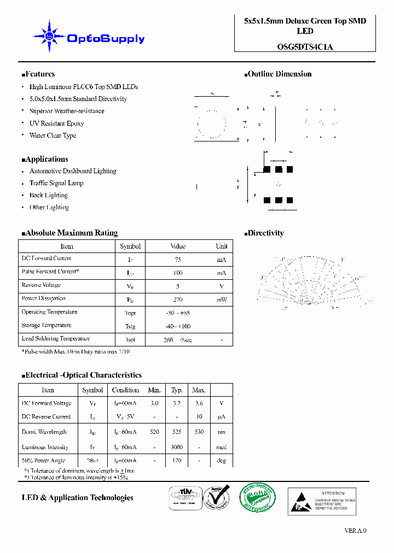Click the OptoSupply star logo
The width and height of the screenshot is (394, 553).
pos(49,36)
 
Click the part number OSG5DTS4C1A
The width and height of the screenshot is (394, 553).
pos(305,47)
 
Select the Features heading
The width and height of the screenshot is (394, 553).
pos(38,74)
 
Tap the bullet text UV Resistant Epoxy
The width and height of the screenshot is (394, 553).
pos(56,123)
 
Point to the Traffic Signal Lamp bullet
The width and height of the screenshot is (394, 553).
pos(56,183)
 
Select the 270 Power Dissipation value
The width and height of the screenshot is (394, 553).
pos(178,300)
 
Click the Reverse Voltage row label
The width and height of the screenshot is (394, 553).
pos(41,285)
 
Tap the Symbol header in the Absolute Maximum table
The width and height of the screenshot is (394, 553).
pos(130,246)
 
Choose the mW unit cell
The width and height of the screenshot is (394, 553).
pos(222,300)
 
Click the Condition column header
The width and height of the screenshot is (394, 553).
pos(125,390)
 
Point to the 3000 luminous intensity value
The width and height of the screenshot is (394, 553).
pos(177,448)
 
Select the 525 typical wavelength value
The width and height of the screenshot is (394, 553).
pos(177,432)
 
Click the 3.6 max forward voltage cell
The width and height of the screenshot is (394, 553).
pos(199,403)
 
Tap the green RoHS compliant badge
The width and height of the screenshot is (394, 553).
pos(257,498)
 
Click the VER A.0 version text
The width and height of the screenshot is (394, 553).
pos(355,531)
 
